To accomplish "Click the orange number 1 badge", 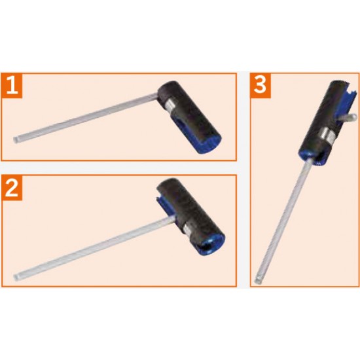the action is (x=12, y=85).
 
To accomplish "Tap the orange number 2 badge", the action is (x=12, y=188).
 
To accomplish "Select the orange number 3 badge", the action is (x=261, y=85).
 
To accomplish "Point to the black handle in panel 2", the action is (x=190, y=216).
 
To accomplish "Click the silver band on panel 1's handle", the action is (x=170, y=105).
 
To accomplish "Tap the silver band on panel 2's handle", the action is (x=189, y=230).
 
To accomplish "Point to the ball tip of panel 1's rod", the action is (x=16, y=140).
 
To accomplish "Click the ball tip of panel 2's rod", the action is (x=16, y=278).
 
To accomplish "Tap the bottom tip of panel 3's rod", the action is (x=257, y=280).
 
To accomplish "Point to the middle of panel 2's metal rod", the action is (x=94, y=249).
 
